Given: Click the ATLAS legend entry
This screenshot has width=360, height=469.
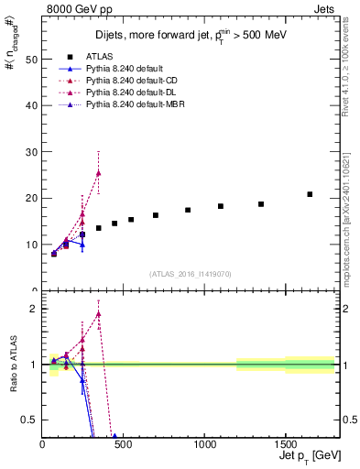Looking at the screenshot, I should [99, 56].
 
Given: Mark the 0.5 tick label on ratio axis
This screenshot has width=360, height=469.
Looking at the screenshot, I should [28, 420].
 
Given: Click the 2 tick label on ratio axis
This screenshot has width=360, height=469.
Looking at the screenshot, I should [33, 309].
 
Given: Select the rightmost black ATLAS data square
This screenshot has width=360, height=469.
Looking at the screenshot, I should [310, 194].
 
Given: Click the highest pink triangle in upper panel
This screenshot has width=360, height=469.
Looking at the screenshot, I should [98, 173].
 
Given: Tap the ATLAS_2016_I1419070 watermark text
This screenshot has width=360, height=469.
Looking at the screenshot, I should [191, 273].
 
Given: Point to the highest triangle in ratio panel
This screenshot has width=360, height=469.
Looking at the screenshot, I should [98, 314].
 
